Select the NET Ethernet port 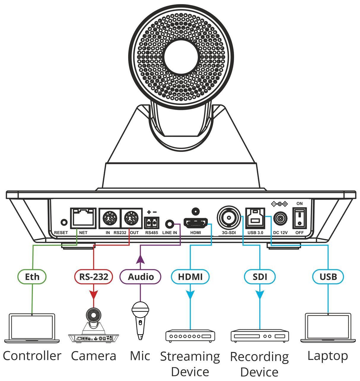click(83, 218)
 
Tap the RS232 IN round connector click(110, 219)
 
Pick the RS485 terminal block click(152, 222)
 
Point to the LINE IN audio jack click(169, 223)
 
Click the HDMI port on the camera click(195, 222)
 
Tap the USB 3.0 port click(255, 218)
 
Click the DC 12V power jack click(280, 219)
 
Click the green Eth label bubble click(32, 277)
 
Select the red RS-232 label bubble click(93, 277)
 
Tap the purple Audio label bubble click(141, 277)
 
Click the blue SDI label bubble click(260, 277)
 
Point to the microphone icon click(140, 320)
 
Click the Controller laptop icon click(32, 328)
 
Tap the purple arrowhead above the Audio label click(140, 259)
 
